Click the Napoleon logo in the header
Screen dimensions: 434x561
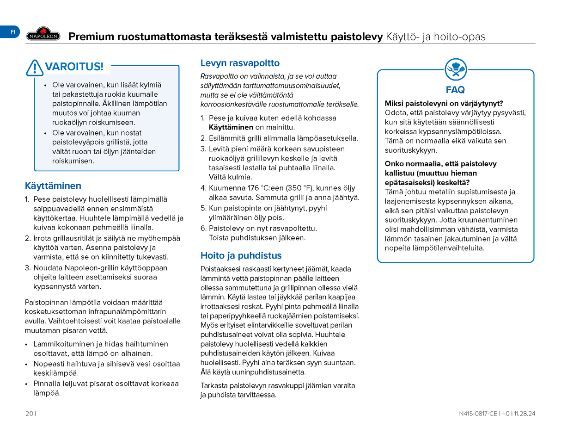[43, 34]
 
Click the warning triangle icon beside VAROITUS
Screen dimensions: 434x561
[35, 68]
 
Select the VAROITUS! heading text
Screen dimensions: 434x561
[74, 67]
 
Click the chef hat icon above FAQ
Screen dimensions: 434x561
[455, 70]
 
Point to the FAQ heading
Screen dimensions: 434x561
[455, 90]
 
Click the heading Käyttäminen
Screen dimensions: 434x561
[53, 186]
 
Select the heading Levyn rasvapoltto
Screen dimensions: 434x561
[240, 63]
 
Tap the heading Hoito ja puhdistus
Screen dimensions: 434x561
[241, 255]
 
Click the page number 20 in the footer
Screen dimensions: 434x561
[29, 413]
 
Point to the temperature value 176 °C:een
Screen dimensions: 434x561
[233, 188]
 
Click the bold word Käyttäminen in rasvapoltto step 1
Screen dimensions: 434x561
[231, 127]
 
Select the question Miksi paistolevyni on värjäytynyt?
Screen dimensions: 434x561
[444, 103]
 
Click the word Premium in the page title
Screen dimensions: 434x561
[91, 37]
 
